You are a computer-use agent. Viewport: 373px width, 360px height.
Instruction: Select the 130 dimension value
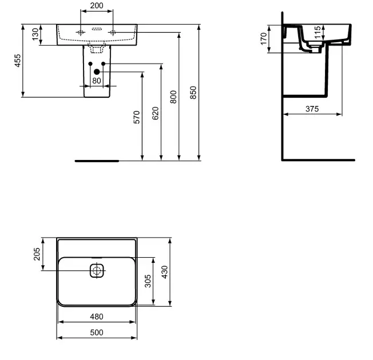coord(35,34)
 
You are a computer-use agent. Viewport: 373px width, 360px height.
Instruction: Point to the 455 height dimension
coord(18,60)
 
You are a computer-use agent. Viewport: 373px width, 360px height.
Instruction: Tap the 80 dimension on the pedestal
coord(96,81)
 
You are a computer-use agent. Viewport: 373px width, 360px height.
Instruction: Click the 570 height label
coord(137,117)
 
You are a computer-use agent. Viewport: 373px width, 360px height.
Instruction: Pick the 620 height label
coord(156,113)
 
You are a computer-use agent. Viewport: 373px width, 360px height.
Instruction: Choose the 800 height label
coord(174,97)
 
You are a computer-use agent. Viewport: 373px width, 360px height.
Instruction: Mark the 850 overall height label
coord(193,93)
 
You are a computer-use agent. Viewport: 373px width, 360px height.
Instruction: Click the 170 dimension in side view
coord(264,39)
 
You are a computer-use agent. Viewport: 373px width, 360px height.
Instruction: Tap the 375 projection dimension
coord(312,109)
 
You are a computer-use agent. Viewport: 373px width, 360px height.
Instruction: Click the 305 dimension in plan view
coord(148,281)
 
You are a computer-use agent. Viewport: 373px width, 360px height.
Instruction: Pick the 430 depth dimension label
coord(166,271)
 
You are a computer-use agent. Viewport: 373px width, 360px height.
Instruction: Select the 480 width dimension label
coord(96,317)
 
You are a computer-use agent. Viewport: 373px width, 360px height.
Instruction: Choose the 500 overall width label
coord(96,333)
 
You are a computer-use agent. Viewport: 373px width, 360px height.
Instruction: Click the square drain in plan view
coord(96,270)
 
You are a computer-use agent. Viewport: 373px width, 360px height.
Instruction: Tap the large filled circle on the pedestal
coord(96,72)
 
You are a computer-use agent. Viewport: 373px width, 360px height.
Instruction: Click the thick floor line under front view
coord(97,161)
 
